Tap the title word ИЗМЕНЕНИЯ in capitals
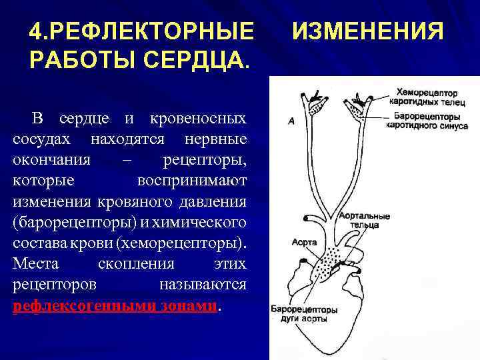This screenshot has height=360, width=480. tap(368, 31)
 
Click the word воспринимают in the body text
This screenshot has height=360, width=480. tap(192, 181)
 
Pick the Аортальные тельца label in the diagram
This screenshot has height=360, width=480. tap(365, 221)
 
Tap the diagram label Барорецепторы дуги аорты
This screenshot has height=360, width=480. tap(303, 314)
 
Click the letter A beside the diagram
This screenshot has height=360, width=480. tap(291, 121)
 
